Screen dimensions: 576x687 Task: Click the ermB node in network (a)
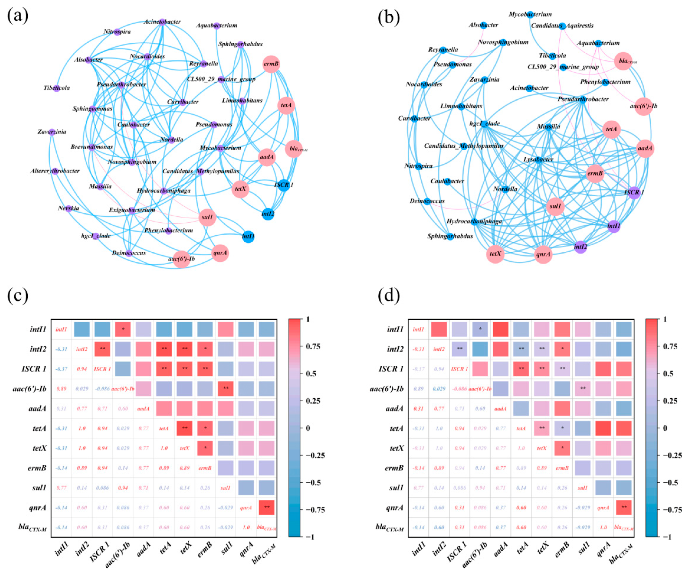(x=271, y=64)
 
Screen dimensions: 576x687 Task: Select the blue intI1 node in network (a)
(x=248, y=236)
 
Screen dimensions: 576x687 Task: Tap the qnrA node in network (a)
(x=220, y=253)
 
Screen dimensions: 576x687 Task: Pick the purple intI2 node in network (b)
(x=580, y=247)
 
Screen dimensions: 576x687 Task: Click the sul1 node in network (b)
(x=555, y=206)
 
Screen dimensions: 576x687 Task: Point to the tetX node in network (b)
(x=495, y=254)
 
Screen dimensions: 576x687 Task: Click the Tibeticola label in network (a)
(x=57, y=88)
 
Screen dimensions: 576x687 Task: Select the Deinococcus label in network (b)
(x=427, y=201)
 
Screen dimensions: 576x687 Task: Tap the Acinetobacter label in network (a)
(x=162, y=22)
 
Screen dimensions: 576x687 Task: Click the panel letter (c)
(x=18, y=296)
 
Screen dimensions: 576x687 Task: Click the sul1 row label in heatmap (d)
(x=396, y=488)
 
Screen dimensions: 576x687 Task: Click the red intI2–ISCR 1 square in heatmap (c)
(x=102, y=349)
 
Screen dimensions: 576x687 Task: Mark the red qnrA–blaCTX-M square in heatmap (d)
(x=624, y=508)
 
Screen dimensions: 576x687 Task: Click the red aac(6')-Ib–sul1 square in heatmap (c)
(x=225, y=389)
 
